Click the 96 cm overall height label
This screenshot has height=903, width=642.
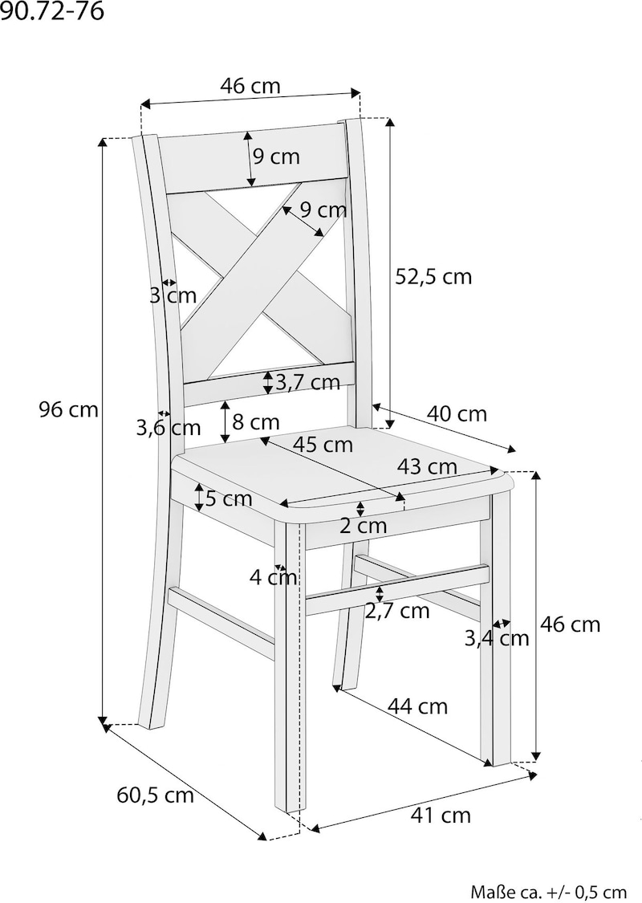pyautogui.click(x=68, y=409)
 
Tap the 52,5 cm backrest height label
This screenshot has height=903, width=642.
pyautogui.click(x=433, y=277)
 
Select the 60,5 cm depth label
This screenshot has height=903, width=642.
pyautogui.click(x=156, y=795)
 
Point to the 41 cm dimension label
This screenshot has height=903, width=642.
pyautogui.click(x=441, y=815)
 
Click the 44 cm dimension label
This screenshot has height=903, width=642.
pyautogui.click(x=417, y=706)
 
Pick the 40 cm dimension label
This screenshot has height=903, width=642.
pyautogui.click(x=457, y=413)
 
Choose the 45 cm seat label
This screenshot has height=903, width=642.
pyautogui.click(x=323, y=444)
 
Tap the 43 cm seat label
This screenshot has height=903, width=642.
pyautogui.click(x=427, y=466)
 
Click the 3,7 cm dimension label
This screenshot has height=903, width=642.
pyautogui.click(x=308, y=382)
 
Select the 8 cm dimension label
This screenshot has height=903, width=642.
pyautogui.click(x=256, y=422)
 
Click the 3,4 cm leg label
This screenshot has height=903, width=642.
pyautogui.click(x=497, y=638)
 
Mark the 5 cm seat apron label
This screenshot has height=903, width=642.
pyautogui.click(x=229, y=498)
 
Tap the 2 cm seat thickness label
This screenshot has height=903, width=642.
pyautogui.click(x=363, y=525)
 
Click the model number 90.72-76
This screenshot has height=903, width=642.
pyautogui.click(x=52, y=11)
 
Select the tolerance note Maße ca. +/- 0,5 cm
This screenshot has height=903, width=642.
pyautogui.click(x=549, y=892)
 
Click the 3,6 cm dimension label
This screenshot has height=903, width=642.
pyautogui.click(x=169, y=428)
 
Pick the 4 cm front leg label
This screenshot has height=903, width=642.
pyautogui.click(x=274, y=577)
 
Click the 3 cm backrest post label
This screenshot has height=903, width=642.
pyautogui.click(x=173, y=295)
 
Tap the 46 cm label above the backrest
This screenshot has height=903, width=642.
pyautogui.click(x=250, y=86)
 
